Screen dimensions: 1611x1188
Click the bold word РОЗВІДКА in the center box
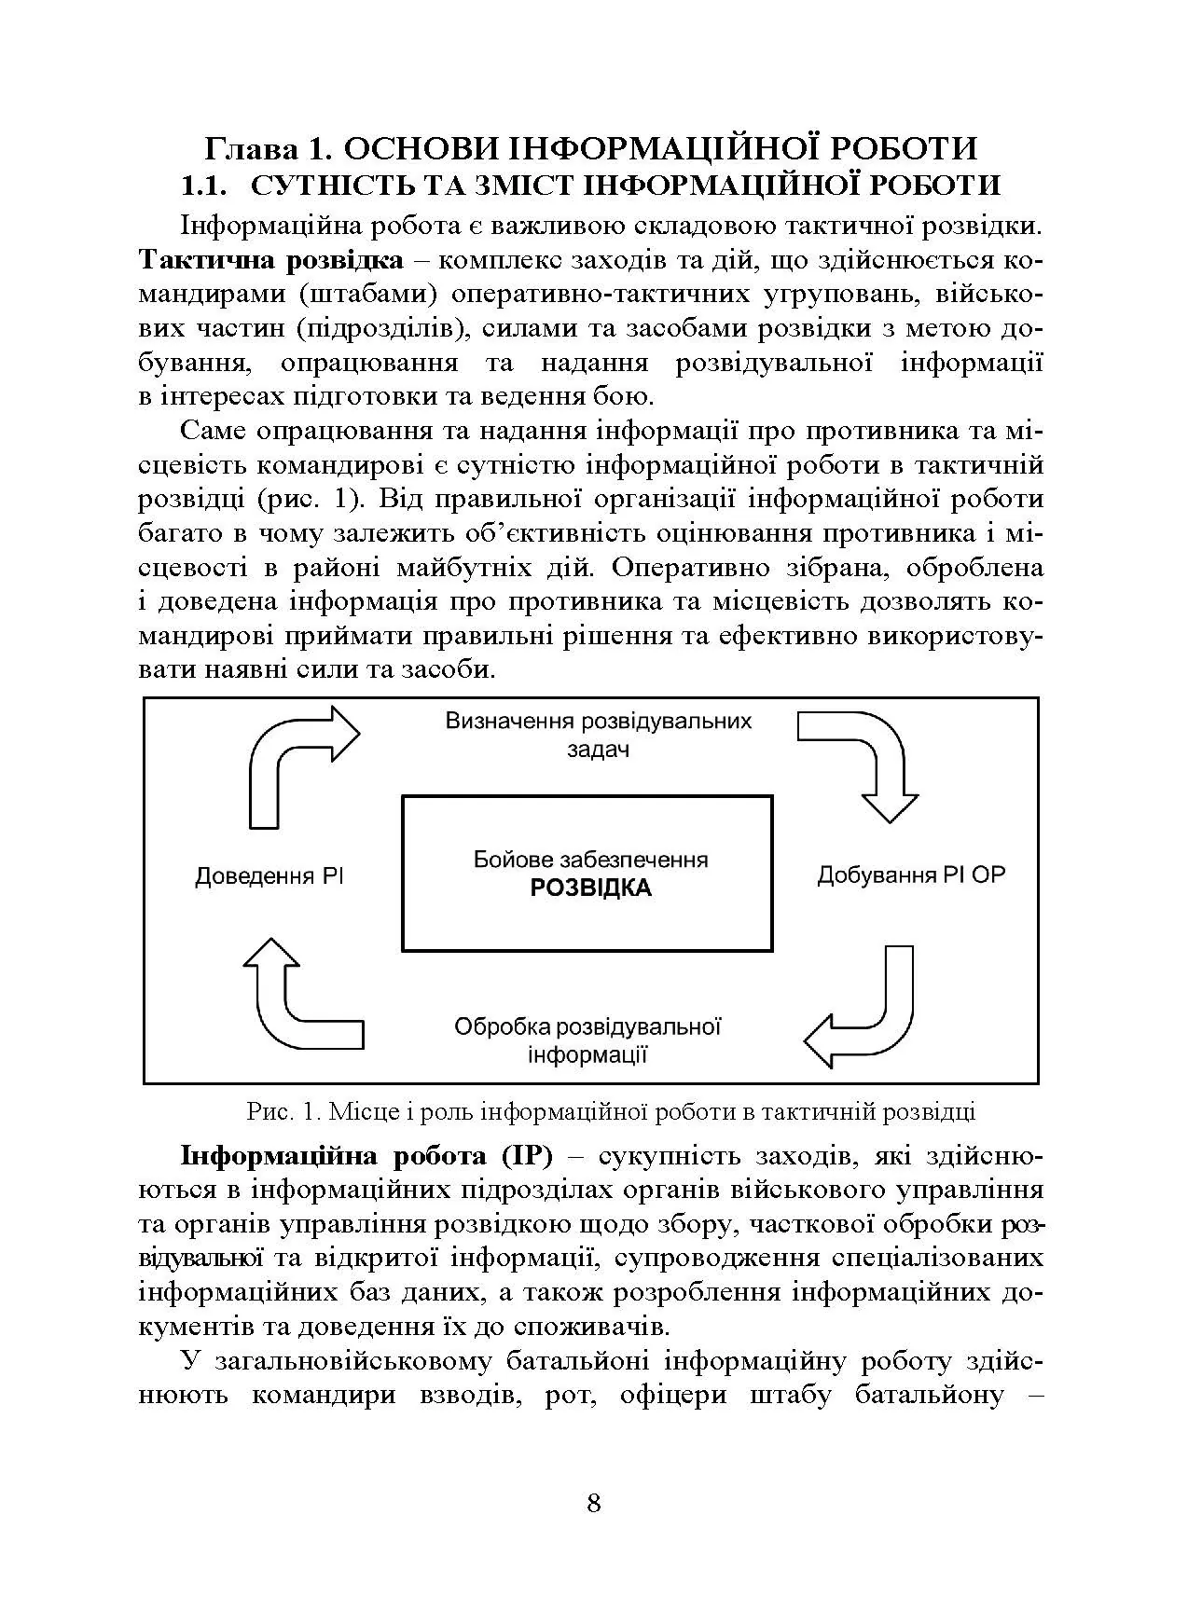tap(590, 888)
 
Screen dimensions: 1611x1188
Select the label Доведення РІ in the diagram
tap(269, 876)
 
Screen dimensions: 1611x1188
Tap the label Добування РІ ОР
tap(911, 875)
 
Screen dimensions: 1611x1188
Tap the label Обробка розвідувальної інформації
tap(588, 1040)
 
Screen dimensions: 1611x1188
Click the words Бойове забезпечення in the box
tap(590, 860)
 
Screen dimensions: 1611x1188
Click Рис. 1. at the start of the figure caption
tap(283, 1112)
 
